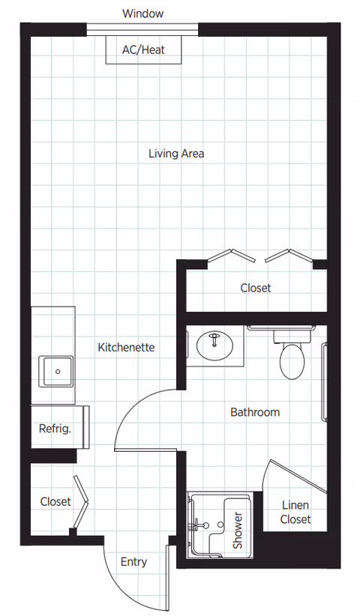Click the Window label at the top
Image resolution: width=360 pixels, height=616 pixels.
coord(142,13)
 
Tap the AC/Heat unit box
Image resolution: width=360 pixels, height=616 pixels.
coord(142,50)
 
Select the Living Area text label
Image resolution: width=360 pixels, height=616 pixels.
coord(176,154)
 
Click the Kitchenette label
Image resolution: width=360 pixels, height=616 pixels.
coord(126,348)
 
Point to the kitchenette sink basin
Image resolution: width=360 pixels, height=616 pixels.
coord(56,370)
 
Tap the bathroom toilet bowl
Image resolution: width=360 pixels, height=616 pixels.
coord(292,361)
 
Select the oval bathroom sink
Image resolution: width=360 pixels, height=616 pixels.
coord(214,346)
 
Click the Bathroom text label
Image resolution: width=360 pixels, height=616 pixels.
coord(255,412)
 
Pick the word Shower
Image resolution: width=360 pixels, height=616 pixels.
coord(238,531)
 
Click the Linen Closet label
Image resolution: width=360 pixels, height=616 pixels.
coord(295,513)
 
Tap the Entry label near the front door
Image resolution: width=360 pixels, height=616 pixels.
coord(133,562)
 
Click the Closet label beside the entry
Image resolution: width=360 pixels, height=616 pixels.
coord(55,501)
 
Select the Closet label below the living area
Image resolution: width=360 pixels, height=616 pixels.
coord(256,288)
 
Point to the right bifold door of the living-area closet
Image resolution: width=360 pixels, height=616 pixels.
coord(288,256)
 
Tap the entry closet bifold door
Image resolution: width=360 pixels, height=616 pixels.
coord(82,501)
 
